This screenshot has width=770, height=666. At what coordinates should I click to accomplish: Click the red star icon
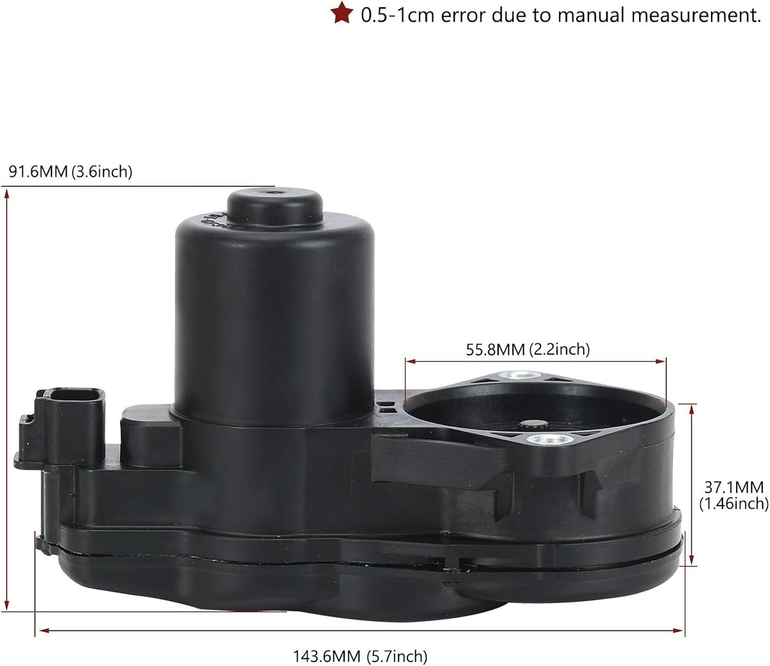[x=341, y=13]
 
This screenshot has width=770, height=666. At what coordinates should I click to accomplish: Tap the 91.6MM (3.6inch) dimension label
[x=71, y=172]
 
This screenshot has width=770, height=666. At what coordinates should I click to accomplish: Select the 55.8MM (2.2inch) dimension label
[x=528, y=350]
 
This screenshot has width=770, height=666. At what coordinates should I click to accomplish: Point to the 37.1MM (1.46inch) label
[x=733, y=495]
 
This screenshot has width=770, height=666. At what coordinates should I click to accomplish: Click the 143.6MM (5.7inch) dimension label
[x=360, y=656]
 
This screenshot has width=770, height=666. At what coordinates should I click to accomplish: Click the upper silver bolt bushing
[x=521, y=375]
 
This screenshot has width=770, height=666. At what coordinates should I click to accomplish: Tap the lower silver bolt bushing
[x=550, y=440]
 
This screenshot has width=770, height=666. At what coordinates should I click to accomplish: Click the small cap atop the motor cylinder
[x=275, y=207]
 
